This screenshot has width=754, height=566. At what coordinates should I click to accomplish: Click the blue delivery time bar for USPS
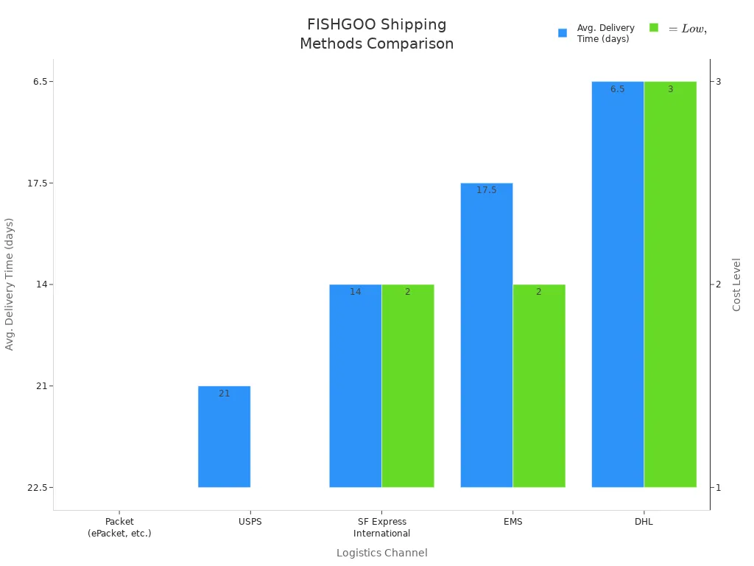point(224,436)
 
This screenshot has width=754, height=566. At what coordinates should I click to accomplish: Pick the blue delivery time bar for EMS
point(486,335)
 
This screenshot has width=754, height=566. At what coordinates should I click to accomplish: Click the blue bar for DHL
point(617,284)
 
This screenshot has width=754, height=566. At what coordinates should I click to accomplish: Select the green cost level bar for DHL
point(670,284)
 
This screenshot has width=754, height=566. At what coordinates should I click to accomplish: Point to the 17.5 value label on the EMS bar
point(486,190)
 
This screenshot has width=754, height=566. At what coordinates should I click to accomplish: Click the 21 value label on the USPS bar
point(224,394)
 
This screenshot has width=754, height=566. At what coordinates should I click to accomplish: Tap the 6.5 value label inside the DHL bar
point(617,89)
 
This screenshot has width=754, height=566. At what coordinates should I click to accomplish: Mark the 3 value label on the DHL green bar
point(670,89)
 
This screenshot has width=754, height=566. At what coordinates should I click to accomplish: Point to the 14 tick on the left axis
point(40,284)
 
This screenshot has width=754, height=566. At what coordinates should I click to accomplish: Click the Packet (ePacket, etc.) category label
point(119,527)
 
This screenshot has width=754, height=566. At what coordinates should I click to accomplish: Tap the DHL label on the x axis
point(643,522)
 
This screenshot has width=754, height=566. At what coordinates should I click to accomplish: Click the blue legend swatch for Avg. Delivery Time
point(563,33)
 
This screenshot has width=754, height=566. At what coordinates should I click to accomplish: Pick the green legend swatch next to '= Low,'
point(654,27)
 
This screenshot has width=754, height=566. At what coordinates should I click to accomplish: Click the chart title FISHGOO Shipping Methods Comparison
point(376,34)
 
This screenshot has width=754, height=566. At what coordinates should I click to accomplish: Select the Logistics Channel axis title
point(381,553)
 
